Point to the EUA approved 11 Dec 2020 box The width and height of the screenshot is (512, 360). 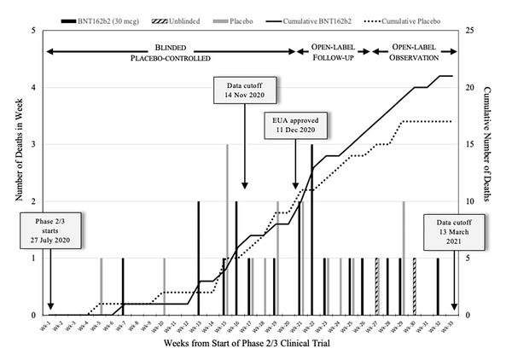[295, 125]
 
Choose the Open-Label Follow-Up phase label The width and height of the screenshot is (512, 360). [332, 52]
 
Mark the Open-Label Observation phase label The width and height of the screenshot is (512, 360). [416, 52]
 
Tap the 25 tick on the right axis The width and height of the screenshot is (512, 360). [468, 31]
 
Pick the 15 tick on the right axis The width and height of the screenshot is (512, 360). [468, 144]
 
